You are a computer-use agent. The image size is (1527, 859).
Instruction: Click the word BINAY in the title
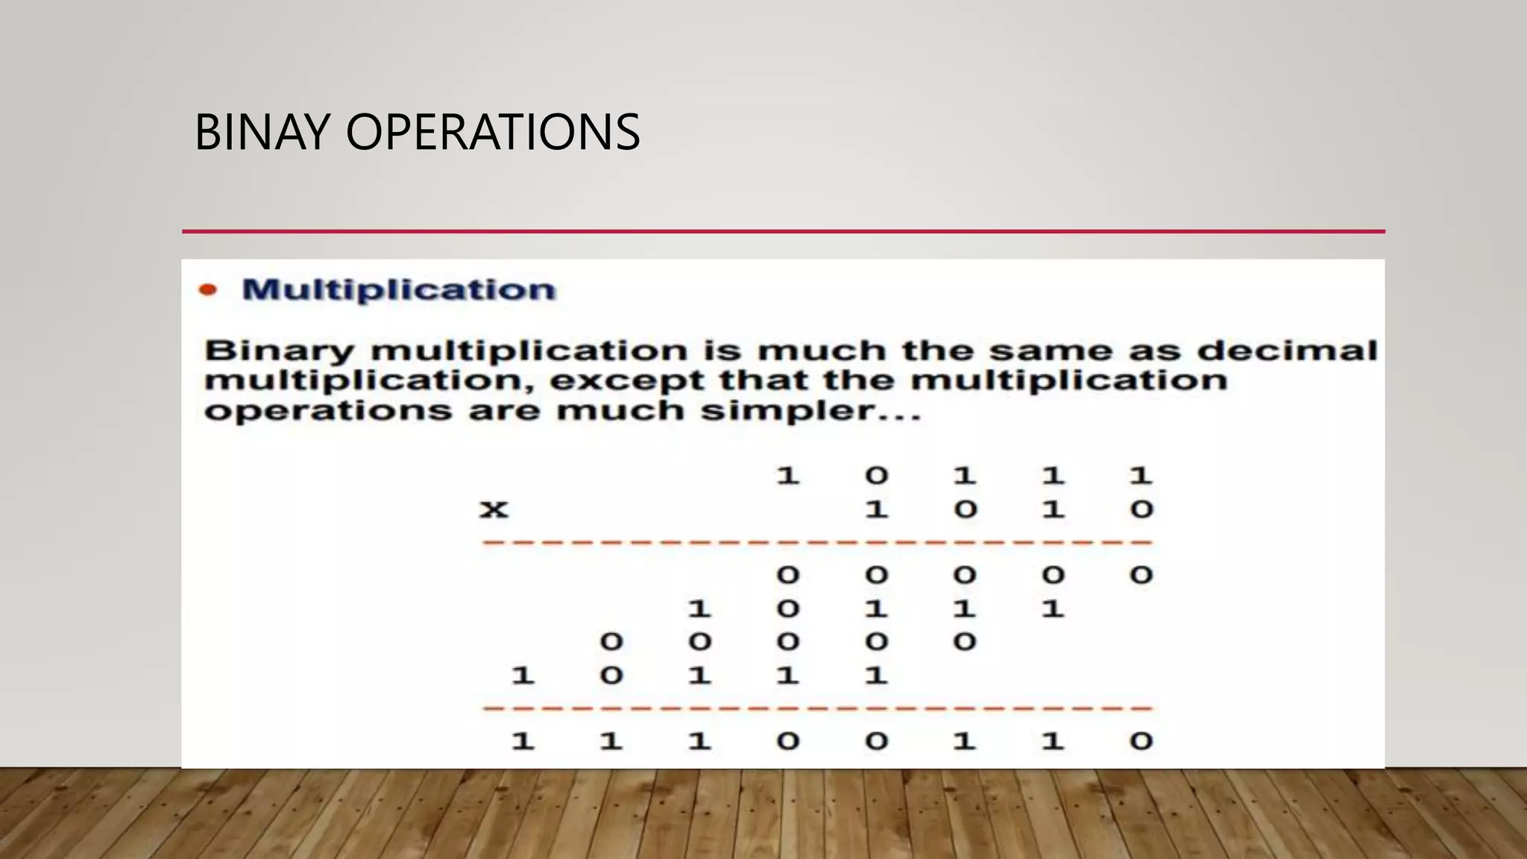pyautogui.click(x=261, y=132)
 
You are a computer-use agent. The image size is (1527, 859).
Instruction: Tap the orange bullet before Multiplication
pyautogui.click(x=208, y=290)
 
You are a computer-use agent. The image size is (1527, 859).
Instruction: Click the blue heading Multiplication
pyautogui.click(x=399, y=290)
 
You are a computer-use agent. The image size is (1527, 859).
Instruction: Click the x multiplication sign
pyautogui.click(x=494, y=510)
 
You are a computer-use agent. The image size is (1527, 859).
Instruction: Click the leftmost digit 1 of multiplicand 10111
pyautogui.click(x=788, y=475)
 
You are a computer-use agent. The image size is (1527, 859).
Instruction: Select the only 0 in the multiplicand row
pyautogui.click(x=876, y=475)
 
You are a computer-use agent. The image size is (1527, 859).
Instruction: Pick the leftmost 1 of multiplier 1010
pyautogui.click(x=876, y=510)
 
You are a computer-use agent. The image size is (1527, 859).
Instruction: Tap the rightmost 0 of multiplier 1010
pyautogui.click(x=1141, y=510)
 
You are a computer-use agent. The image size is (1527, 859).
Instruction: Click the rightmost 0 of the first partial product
pyautogui.click(x=1141, y=575)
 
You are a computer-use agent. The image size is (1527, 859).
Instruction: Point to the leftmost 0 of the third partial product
pyautogui.click(x=611, y=641)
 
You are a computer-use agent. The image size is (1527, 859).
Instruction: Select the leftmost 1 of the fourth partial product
pyautogui.click(x=523, y=676)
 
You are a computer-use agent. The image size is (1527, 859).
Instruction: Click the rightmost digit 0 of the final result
pyautogui.click(x=1141, y=741)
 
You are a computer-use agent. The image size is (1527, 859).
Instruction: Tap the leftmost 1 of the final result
pyautogui.click(x=523, y=741)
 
